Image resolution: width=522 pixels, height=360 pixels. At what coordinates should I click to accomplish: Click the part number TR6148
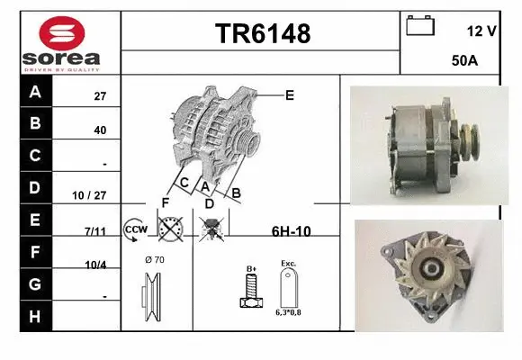262,34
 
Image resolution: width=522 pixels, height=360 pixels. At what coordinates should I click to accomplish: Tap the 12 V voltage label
481,31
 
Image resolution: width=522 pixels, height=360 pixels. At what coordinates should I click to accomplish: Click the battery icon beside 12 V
419,26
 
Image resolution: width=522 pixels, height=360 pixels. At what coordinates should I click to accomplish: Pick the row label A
35,92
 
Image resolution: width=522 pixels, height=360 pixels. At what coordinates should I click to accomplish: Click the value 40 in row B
99,130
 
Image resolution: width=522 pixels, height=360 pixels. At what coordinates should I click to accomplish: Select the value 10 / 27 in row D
94,193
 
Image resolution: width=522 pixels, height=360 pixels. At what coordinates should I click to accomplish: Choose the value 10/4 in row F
95,264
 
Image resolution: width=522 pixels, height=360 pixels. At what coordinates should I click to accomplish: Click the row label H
35,316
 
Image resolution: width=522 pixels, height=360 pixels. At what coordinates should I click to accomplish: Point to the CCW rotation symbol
136,229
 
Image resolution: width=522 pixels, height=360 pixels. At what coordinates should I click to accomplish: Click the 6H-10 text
291,231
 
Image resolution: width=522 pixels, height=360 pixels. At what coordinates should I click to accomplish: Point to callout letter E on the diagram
289,94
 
